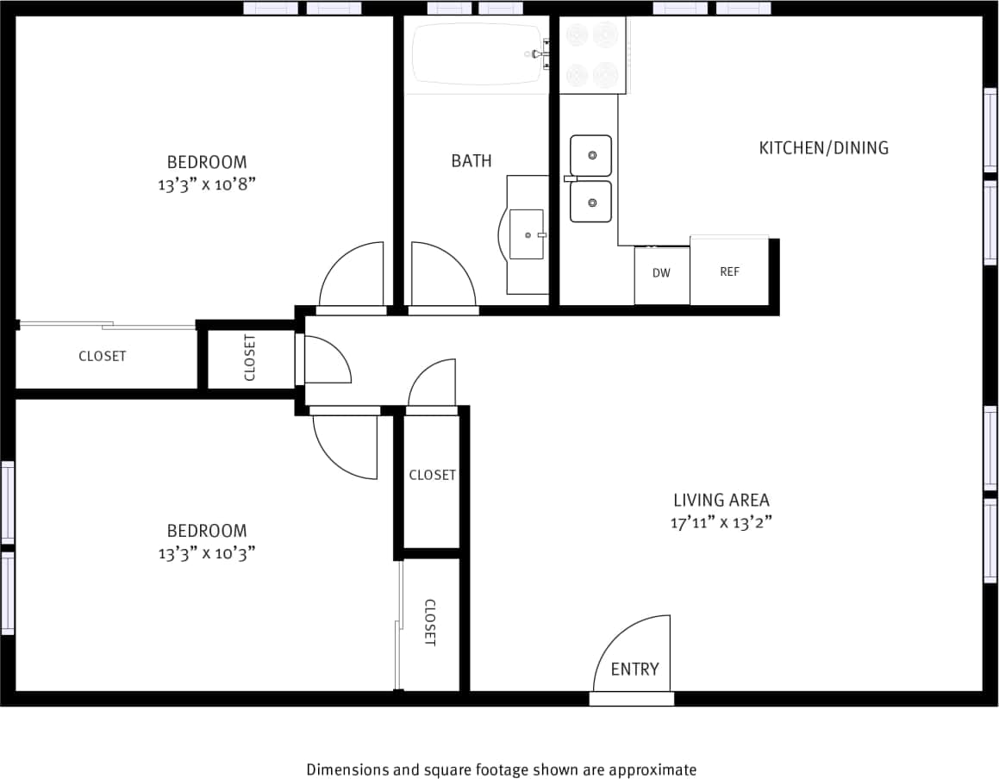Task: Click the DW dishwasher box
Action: (661, 274)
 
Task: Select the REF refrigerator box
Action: (729, 271)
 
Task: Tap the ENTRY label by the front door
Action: (634, 670)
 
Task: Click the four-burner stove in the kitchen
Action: (592, 54)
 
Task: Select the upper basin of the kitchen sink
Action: (591, 155)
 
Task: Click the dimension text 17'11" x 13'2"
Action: (721, 522)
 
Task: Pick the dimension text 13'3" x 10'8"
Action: (206, 184)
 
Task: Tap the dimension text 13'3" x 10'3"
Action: (206, 553)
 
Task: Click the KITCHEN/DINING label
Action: (823, 148)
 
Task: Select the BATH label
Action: (471, 161)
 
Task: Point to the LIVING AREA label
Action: (721, 500)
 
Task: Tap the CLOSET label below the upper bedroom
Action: (103, 356)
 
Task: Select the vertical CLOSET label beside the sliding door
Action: (430, 622)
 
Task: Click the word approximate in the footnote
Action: (656, 770)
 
